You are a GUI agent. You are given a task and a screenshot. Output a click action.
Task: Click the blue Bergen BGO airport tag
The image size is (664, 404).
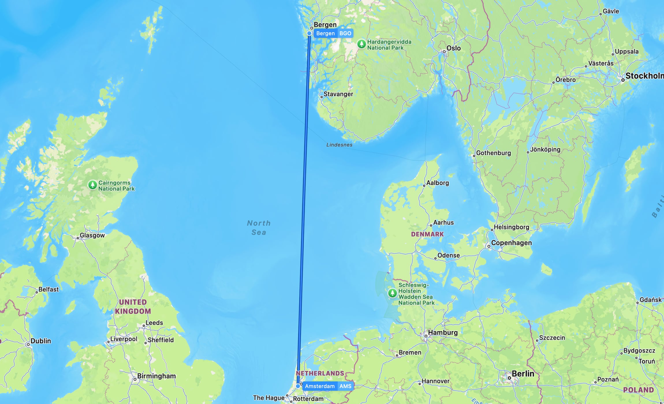[x=333, y=33]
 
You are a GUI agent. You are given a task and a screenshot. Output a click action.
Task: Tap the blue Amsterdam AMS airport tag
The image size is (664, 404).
[x=328, y=386]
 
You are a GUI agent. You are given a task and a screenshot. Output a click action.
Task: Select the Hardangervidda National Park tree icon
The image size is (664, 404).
[x=361, y=44]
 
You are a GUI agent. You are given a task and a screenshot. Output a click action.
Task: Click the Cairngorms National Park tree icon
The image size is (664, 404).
[x=92, y=185]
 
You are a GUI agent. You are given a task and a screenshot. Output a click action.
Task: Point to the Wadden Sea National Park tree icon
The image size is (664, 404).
[x=392, y=293]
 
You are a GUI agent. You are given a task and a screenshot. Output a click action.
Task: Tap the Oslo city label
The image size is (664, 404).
[x=453, y=48]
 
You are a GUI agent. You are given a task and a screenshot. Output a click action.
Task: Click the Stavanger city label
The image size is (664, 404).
[x=338, y=94]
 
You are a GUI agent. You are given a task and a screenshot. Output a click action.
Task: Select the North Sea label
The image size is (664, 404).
[x=259, y=228]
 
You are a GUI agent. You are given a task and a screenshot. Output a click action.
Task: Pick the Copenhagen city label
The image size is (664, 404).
[x=511, y=243]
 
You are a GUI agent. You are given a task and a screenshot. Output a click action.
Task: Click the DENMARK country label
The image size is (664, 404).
[x=427, y=234]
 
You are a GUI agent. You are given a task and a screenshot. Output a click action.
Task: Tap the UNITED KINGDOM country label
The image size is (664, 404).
[x=133, y=306]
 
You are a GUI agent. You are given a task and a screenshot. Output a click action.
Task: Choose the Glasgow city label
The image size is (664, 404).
[x=92, y=235]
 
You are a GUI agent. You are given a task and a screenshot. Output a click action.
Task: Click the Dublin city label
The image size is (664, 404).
[x=41, y=341]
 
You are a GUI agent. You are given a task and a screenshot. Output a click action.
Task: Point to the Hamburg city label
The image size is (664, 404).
[x=443, y=333]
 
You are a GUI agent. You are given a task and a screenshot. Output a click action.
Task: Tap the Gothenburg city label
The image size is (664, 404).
[x=493, y=153]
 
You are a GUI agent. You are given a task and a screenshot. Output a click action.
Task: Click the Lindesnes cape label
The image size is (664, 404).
[x=339, y=145]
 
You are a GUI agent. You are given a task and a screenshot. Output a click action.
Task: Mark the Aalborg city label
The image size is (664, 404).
[x=437, y=183]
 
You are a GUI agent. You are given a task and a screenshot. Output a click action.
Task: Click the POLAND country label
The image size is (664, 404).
[x=638, y=390]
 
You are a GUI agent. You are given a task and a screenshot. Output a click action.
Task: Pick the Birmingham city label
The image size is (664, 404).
[x=156, y=376]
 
